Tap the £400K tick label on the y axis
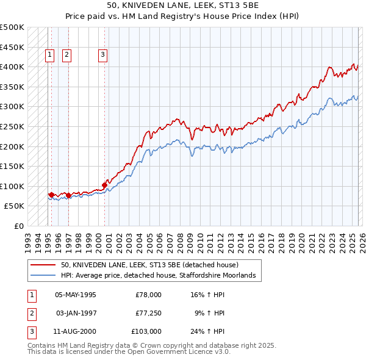point(13,67)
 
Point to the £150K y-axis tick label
point(13,166)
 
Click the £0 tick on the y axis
point(20,226)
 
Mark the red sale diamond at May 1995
point(51,195)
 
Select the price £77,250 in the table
point(148,313)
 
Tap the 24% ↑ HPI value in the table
point(207,331)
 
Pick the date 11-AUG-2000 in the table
point(75,331)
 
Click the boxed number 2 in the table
point(31,313)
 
